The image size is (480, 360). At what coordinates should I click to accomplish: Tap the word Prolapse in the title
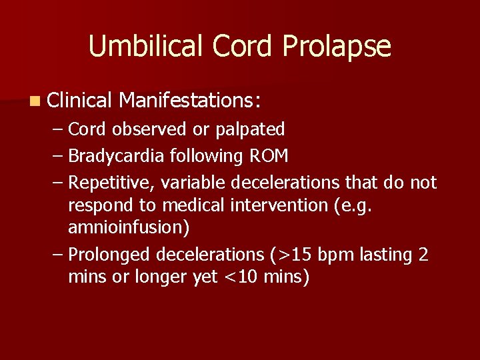click(337, 47)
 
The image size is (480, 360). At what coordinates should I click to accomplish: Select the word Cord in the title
click(244, 47)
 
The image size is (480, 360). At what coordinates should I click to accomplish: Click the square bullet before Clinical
click(34, 101)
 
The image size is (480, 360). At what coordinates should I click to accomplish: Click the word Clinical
click(79, 101)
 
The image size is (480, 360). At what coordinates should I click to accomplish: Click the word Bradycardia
click(117, 156)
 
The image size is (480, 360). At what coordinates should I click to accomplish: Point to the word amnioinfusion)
click(129, 228)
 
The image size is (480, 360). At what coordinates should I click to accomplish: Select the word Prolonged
click(109, 255)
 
